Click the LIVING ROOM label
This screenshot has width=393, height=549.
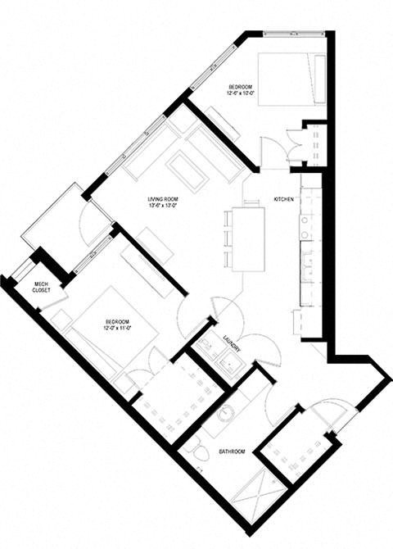coord(164,199)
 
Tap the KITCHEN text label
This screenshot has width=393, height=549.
coord(283,199)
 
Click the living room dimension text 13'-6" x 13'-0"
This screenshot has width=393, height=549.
coord(164,206)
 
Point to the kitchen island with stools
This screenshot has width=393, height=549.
coord(248,238)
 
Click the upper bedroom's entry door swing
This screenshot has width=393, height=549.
coord(273,152)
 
